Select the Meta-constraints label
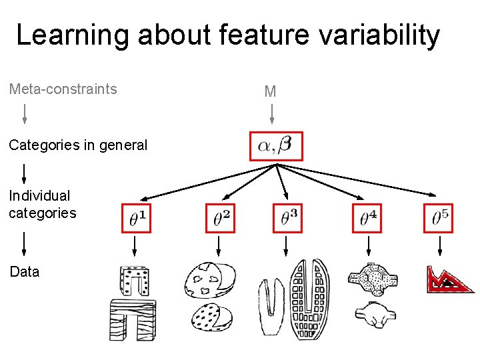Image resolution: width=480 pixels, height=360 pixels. tap(63, 89)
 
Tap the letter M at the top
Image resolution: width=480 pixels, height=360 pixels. tap(270, 92)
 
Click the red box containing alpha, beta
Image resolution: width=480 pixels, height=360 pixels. tap(276, 146)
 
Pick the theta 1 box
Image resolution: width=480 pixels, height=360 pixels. tap(137, 218)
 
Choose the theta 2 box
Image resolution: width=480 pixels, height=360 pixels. tap(221, 218)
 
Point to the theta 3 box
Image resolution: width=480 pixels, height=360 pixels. tap(287, 218)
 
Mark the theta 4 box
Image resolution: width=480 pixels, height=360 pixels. tap(367, 218)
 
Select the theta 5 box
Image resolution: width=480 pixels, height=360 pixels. tap(438, 218)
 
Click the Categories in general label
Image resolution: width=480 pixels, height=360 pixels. tap(78, 145)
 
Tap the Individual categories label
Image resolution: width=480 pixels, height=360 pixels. tap(42, 205)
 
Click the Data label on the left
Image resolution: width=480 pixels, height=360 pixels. tap(24, 272)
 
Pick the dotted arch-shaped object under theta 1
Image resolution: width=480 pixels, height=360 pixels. tap(134, 281)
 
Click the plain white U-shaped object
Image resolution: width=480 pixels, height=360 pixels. tap(271, 308)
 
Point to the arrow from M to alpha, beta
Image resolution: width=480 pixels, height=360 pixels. tap(271, 115)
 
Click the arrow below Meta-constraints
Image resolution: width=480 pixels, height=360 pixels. tap(25, 114)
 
